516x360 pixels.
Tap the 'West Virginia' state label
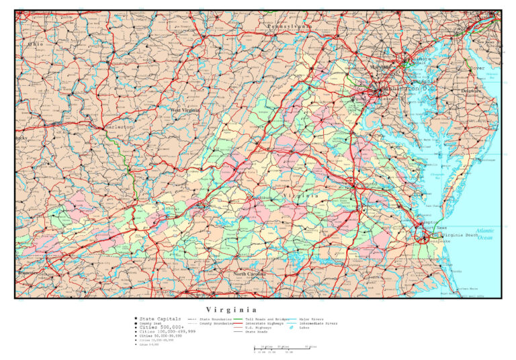coord(185,110)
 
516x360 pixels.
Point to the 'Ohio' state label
coord(34,44)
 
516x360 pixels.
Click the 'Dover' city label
coord(477,69)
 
